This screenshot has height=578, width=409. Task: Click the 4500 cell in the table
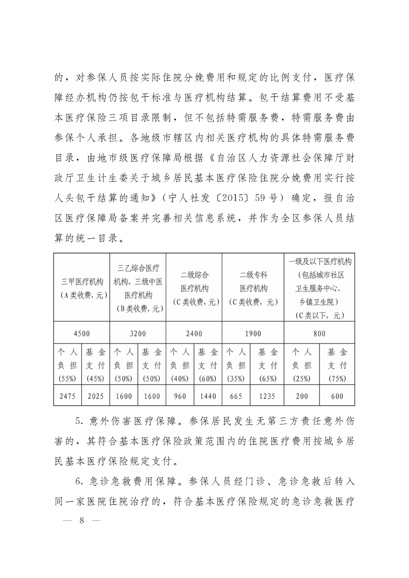(82, 333)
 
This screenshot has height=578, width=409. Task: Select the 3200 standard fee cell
(138, 333)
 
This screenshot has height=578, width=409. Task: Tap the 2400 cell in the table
(194, 333)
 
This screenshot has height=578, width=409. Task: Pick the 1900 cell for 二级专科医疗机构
(253, 333)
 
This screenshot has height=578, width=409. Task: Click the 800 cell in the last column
(319, 333)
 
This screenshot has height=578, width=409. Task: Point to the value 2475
(67, 397)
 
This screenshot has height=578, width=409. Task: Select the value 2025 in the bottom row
(95, 397)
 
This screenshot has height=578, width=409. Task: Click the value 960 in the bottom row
(179, 397)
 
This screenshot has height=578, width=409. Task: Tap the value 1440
(208, 397)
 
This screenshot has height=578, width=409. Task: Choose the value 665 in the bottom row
(235, 397)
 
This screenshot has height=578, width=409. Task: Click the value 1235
(268, 397)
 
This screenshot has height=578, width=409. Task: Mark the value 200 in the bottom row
(302, 397)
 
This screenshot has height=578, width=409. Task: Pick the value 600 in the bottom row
(337, 397)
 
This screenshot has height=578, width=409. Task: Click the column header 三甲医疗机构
(82, 282)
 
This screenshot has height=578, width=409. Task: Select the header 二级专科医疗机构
(253, 282)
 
